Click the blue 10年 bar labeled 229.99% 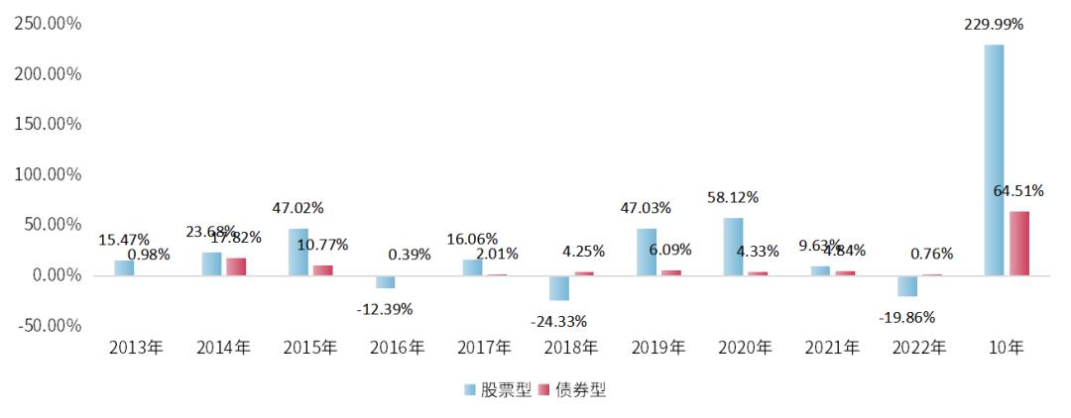994,159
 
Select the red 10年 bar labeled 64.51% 1019,243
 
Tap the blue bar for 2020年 733,247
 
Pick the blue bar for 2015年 298,252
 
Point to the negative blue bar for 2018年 559,287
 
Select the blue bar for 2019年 647,252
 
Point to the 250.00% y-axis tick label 47,23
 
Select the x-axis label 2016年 396,348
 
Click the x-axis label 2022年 918,348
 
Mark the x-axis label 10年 1006,348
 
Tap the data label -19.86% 906,318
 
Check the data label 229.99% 994,25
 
